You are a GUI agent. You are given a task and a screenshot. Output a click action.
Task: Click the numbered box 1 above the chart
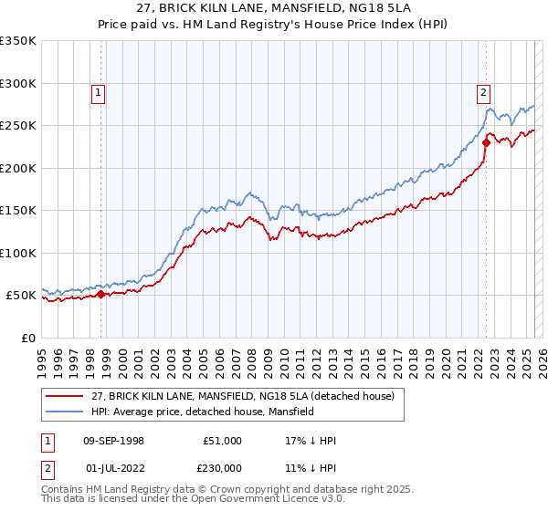(97, 91)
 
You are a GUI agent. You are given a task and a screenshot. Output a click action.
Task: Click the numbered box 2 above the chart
(482, 91)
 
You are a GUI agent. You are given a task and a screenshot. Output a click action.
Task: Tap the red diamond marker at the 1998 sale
(101, 294)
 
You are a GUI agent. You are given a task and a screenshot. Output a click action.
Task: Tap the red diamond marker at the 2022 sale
(487, 142)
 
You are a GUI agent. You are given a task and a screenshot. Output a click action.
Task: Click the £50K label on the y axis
(21, 296)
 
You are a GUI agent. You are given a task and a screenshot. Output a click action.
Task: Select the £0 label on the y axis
(27, 338)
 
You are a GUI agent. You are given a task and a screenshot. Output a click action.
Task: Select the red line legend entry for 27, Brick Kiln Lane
(243, 397)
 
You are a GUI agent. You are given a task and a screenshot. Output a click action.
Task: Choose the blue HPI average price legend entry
(202, 412)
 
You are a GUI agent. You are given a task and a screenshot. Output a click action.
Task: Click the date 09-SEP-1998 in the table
(113, 441)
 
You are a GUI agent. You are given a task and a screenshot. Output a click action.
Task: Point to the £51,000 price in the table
(222, 441)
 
